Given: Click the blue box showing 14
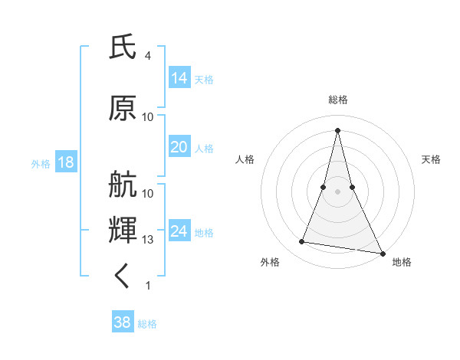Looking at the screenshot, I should tap(179, 78).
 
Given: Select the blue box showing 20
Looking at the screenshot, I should tap(179, 147).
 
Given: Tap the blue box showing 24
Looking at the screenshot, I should tap(179, 231).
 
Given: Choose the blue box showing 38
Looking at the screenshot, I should tap(123, 322).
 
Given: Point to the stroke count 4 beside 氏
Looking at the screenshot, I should tap(147, 56).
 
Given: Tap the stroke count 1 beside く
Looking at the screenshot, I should tap(147, 286).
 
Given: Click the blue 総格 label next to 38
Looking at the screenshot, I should tap(147, 324).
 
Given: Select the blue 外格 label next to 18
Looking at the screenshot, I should tap(40, 164).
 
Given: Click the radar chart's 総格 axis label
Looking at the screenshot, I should tap(338, 100).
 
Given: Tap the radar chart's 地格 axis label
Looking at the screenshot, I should tap(402, 262).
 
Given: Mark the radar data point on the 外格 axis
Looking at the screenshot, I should tap(302, 242).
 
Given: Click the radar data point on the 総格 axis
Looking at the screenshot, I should tap(338, 130).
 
